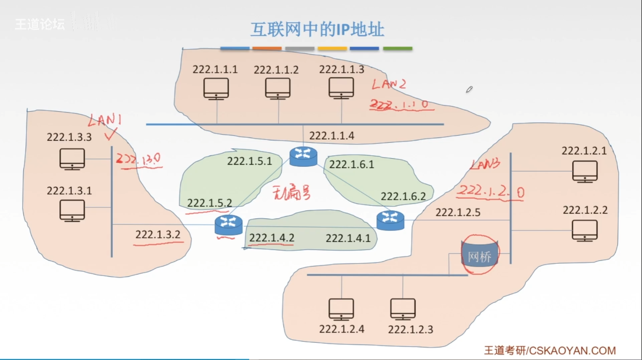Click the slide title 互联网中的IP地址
click(x=317, y=30)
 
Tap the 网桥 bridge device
click(x=479, y=256)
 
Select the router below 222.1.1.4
click(x=303, y=156)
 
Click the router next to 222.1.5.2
click(x=228, y=224)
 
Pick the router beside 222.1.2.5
click(x=390, y=220)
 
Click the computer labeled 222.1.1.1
click(x=216, y=89)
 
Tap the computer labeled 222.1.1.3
click(x=341, y=88)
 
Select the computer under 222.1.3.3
click(x=72, y=159)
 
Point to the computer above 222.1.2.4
click(x=341, y=309)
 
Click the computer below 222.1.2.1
click(x=585, y=171)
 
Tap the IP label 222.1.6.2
click(x=403, y=196)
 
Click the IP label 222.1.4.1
click(x=348, y=238)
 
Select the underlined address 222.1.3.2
click(x=158, y=234)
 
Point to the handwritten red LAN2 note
click(x=389, y=84)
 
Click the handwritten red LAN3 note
click(x=485, y=164)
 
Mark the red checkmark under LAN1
click(x=110, y=134)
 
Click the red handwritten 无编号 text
click(x=291, y=193)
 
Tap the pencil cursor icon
click(x=469, y=89)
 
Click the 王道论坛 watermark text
click(x=40, y=24)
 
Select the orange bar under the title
click(x=267, y=49)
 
